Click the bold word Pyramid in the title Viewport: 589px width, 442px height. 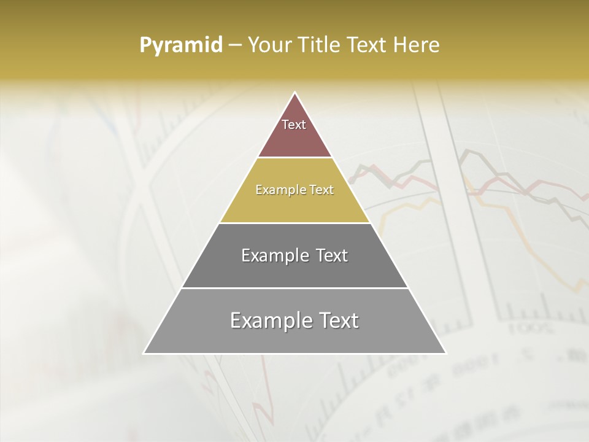(181, 45)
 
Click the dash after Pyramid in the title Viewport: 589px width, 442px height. (235, 45)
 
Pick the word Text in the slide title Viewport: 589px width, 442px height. (368, 45)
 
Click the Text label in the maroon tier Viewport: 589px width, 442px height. (294, 125)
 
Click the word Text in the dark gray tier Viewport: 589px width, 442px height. (329, 255)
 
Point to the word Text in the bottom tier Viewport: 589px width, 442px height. (337, 320)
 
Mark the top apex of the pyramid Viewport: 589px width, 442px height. (294, 93)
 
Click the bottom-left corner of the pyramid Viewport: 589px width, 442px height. (144, 353)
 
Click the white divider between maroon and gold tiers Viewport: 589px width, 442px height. (294, 158)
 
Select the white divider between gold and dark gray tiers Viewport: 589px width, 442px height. (294, 223)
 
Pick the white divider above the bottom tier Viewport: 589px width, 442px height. (294, 288)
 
